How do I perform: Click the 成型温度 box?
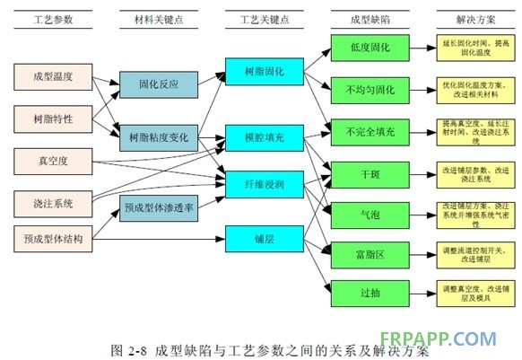coord(53,76)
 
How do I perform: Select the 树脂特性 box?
coord(53,119)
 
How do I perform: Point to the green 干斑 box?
coord(370,172)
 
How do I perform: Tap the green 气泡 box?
coord(370,214)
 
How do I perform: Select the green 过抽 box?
coord(370,292)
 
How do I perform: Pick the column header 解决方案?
coord(473,19)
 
